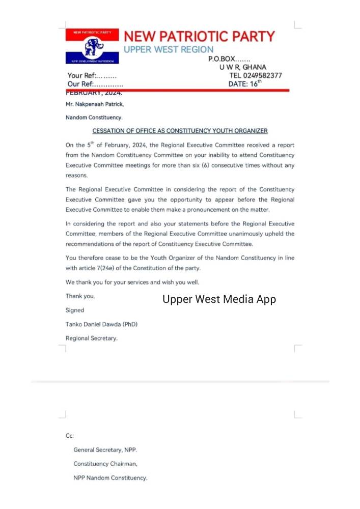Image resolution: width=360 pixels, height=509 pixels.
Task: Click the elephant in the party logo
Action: click(x=93, y=47)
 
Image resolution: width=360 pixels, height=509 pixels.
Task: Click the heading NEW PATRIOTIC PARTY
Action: click(x=199, y=37)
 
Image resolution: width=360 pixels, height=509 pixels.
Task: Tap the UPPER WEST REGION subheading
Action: click(x=169, y=49)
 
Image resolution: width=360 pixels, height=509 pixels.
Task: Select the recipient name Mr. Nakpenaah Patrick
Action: click(x=95, y=104)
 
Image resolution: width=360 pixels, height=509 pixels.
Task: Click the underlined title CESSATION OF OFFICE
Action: click(x=180, y=131)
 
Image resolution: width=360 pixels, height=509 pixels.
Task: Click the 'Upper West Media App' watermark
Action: click(x=219, y=299)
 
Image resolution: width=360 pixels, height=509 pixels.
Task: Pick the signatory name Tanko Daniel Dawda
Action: click(x=101, y=324)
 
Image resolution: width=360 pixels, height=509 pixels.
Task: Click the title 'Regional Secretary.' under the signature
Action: click(x=91, y=338)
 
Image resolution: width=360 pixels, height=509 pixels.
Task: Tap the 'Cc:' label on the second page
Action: click(x=70, y=436)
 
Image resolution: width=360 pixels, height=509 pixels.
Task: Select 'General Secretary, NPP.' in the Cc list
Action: click(x=105, y=450)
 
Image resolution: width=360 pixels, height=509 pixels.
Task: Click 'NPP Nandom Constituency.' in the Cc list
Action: click(x=110, y=478)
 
